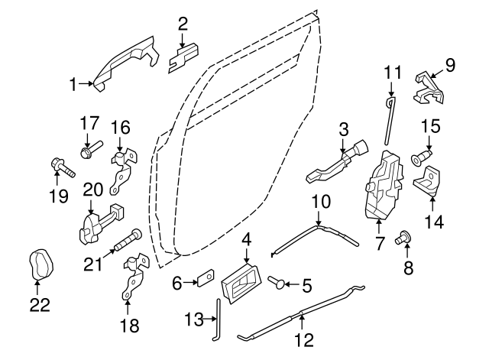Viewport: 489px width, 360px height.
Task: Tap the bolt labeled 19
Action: [62, 166]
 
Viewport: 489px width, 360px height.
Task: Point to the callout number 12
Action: [305, 339]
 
